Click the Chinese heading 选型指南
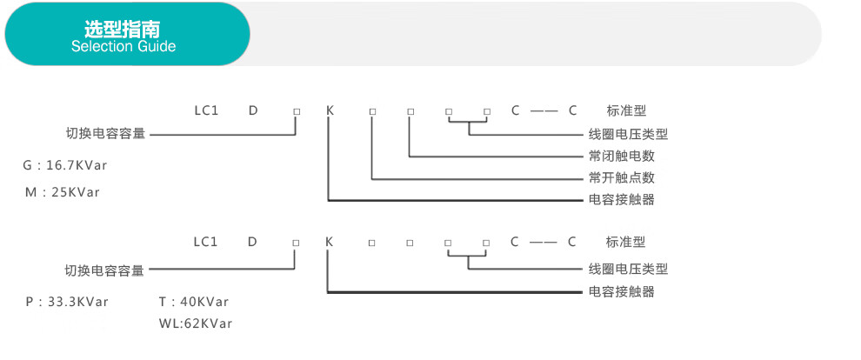123,28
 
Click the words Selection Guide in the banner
123,46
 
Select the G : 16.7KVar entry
65,164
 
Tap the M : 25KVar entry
63,191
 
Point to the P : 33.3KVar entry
67,302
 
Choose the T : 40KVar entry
194,302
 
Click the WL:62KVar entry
196,323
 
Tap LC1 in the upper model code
205,110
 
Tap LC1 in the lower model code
205,242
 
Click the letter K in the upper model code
330,110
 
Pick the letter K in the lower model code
329,242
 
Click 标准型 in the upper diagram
626,110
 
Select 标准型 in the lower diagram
626,242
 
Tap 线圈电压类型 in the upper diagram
628,135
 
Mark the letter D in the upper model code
253,110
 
